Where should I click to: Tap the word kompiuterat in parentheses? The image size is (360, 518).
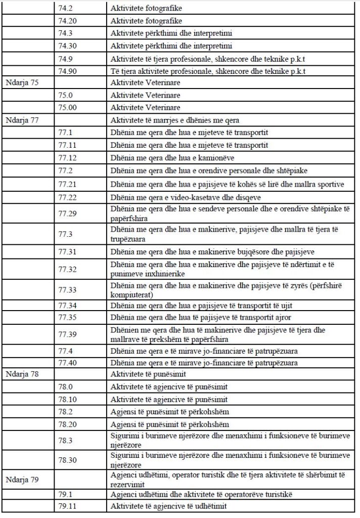point(130,294)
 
